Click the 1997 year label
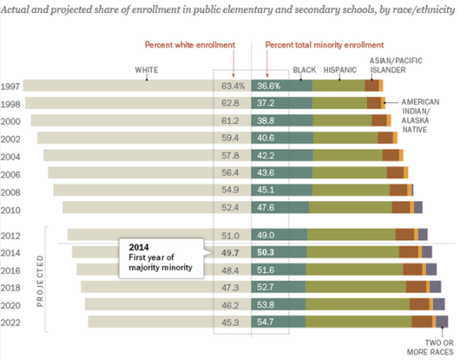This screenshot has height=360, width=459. (10, 87)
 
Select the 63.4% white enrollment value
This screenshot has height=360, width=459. (233, 85)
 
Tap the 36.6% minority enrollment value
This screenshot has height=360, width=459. (269, 85)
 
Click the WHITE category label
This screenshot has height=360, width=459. (147, 70)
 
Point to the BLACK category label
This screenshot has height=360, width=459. (304, 70)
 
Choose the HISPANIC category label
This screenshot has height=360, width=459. (340, 70)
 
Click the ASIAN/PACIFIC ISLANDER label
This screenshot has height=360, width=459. (395, 65)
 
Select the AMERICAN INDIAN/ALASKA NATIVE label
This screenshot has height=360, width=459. (420, 116)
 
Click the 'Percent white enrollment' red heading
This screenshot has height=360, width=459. (190, 45)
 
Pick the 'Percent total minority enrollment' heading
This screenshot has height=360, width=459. (325, 45)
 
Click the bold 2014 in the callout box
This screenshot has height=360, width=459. (139, 247)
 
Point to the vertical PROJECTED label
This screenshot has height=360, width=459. (40, 281)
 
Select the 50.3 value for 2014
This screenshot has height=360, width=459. (266, 252)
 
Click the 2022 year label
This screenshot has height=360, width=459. (10, 322)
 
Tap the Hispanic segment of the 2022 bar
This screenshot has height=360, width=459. (358, 321)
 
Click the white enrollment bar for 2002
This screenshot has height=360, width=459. (144, 138)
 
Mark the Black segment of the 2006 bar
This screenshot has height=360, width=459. (282, 172)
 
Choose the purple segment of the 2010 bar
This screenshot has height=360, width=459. (418, 207)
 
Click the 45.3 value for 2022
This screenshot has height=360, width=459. (230, 322)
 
